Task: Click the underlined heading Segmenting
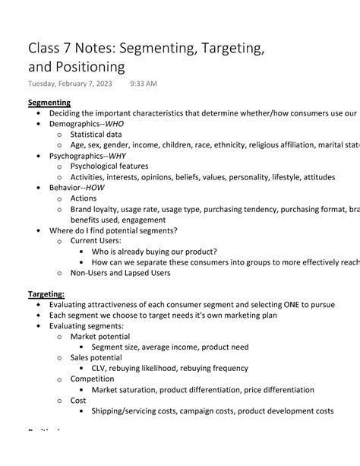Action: [x=49, y=103]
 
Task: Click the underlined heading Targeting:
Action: [x=46, y=293]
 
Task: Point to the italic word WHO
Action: [x=115, y=124]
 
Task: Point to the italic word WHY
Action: [x=117, y=156]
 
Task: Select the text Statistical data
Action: [x=103, y=135]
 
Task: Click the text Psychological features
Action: [x=109, y=166]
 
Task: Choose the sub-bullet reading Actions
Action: [x=84, y=198]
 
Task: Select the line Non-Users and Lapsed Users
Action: [x=120, y=273]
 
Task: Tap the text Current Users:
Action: [x=96, y=241]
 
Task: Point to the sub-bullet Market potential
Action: [x=99, y=336]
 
